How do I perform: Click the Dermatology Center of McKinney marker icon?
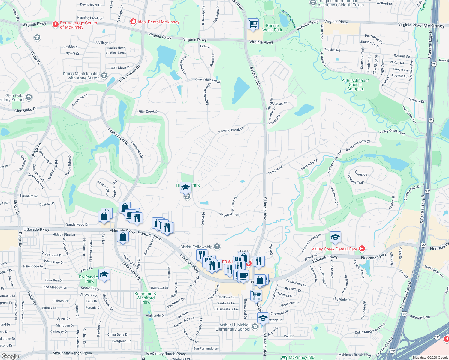55,24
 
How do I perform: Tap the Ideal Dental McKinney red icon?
133,22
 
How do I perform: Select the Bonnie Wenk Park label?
272,28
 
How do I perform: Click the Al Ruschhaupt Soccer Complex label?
355,85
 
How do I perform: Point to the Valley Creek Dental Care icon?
362,249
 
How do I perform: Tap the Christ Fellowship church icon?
217,247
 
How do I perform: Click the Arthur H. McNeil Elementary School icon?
255,327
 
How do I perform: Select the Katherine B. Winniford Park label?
146,298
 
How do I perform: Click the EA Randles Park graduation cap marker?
104,275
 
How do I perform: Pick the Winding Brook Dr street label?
231,130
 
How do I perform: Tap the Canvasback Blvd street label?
208,80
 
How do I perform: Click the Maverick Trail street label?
229,214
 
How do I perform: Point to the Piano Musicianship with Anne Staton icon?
104,75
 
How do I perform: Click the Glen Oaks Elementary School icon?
29,97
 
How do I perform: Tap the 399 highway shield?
437,337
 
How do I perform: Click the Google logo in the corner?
10,356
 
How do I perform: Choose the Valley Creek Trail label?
392,132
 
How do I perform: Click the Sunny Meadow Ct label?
358,145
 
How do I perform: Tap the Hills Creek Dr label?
149,112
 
